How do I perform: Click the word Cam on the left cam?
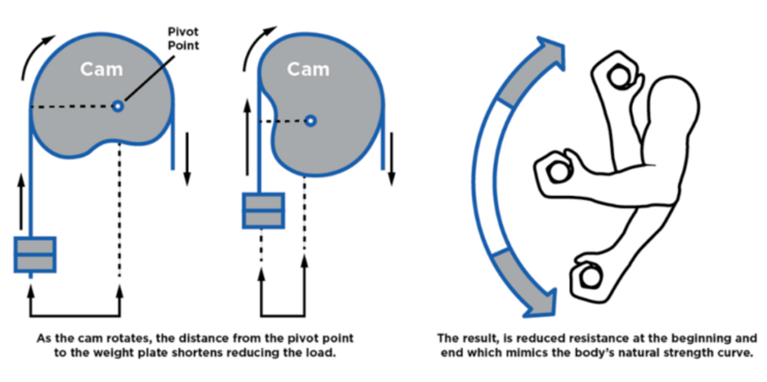tap(101, 69)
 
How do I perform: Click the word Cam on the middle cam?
tap(308, 69)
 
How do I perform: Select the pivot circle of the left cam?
tap(117, 106)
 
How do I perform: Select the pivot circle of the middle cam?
tap(310, 120)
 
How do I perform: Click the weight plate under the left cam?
tap(35, 254)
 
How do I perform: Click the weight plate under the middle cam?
tap(263, 211)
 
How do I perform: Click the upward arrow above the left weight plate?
tap(21, 202)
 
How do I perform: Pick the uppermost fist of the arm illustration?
tap(618, 76)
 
